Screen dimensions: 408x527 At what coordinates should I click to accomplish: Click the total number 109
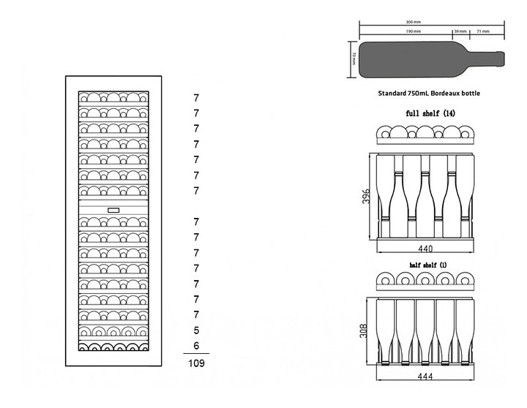point(196,363)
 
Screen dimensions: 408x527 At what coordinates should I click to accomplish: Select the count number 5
point(196,330)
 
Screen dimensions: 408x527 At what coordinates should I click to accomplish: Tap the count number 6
point(196,345)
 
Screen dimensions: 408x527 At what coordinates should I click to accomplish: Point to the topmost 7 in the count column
point(196,97)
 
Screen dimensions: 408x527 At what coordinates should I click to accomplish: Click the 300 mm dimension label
point(432,22)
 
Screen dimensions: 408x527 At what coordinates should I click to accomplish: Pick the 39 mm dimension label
point(460,32)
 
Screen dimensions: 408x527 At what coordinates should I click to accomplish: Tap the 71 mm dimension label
point(483,32)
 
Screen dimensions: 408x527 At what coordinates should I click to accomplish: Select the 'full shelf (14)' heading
point(430,113)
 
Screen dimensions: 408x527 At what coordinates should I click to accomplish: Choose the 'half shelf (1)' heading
point(428,264)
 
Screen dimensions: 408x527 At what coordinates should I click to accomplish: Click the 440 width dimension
point(426,249)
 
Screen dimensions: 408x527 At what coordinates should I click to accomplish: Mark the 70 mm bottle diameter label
point(354,58)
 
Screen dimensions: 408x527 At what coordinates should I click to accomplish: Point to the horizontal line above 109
point(195,354)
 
